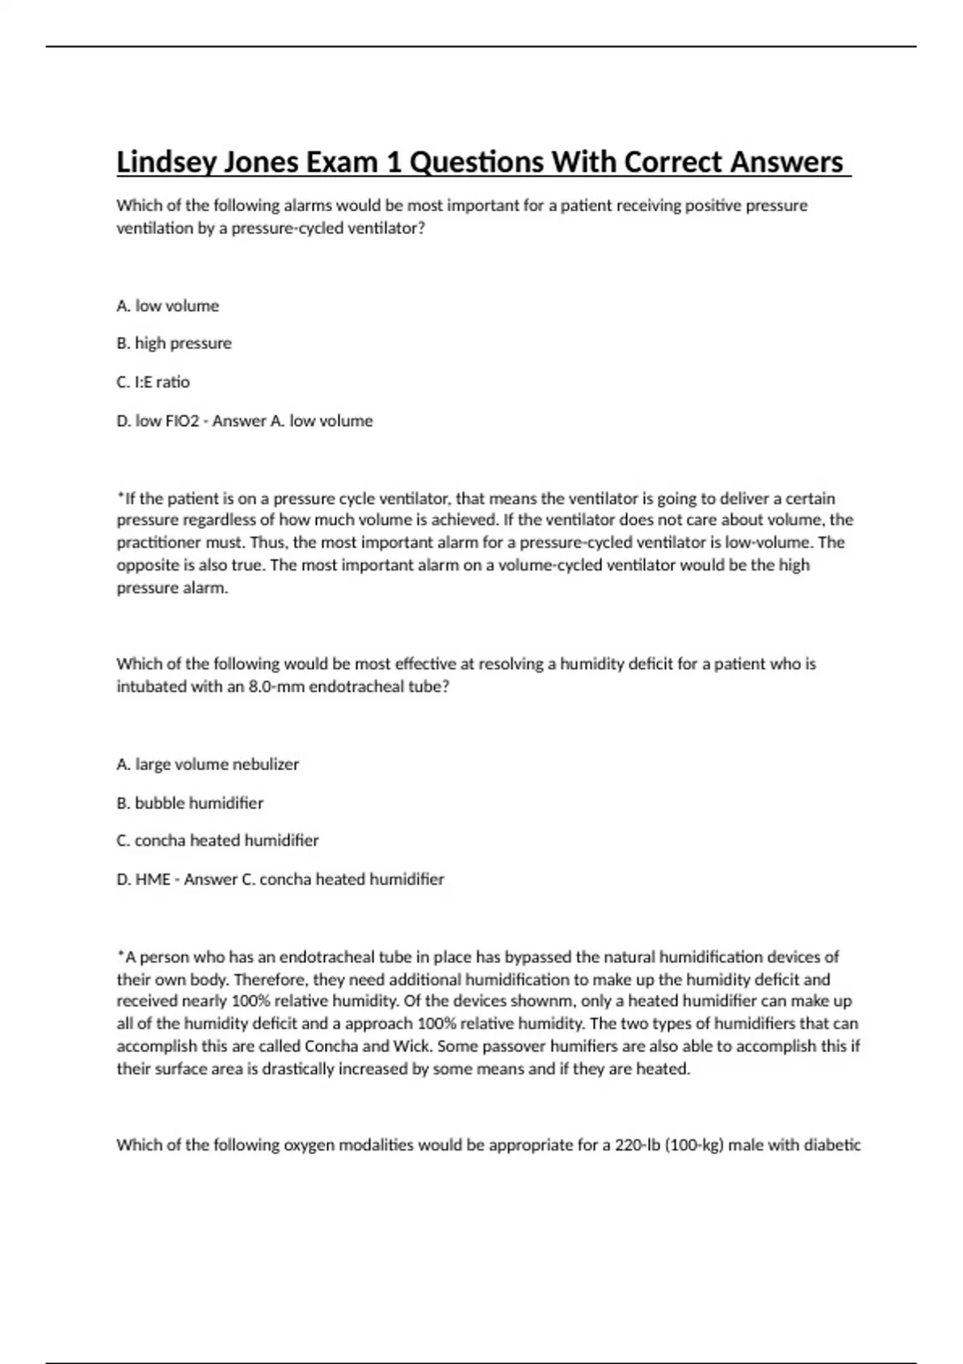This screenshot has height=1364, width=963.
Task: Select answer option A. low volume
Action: (x=168, y=306)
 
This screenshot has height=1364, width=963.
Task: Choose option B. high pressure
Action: (x=174, y=343)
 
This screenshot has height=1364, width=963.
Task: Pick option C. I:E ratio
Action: (x=153, y=382)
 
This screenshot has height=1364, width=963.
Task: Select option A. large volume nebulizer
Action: (x=208, y=765)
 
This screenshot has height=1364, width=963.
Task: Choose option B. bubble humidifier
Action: (x=190, y=803)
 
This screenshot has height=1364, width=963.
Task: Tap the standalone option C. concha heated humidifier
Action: (x=217, y=841)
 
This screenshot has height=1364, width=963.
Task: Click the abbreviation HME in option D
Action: (x=152, y=879)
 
